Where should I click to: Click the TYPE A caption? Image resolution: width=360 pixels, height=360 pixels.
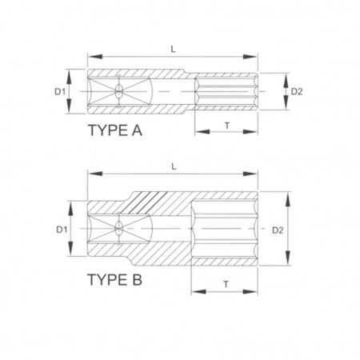115,130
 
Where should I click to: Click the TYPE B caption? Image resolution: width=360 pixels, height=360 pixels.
114,280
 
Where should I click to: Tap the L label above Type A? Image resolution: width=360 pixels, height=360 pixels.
174,49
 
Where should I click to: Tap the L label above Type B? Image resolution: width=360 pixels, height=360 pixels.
174,166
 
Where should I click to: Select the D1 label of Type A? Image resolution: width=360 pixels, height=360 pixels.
60,92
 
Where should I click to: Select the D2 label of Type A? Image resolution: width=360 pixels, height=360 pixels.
297,92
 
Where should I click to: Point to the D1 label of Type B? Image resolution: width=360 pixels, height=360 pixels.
62,230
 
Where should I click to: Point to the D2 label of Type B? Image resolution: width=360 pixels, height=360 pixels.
278,230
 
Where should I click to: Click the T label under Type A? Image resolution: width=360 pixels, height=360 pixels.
227,126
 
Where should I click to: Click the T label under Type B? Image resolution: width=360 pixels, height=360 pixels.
226,285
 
